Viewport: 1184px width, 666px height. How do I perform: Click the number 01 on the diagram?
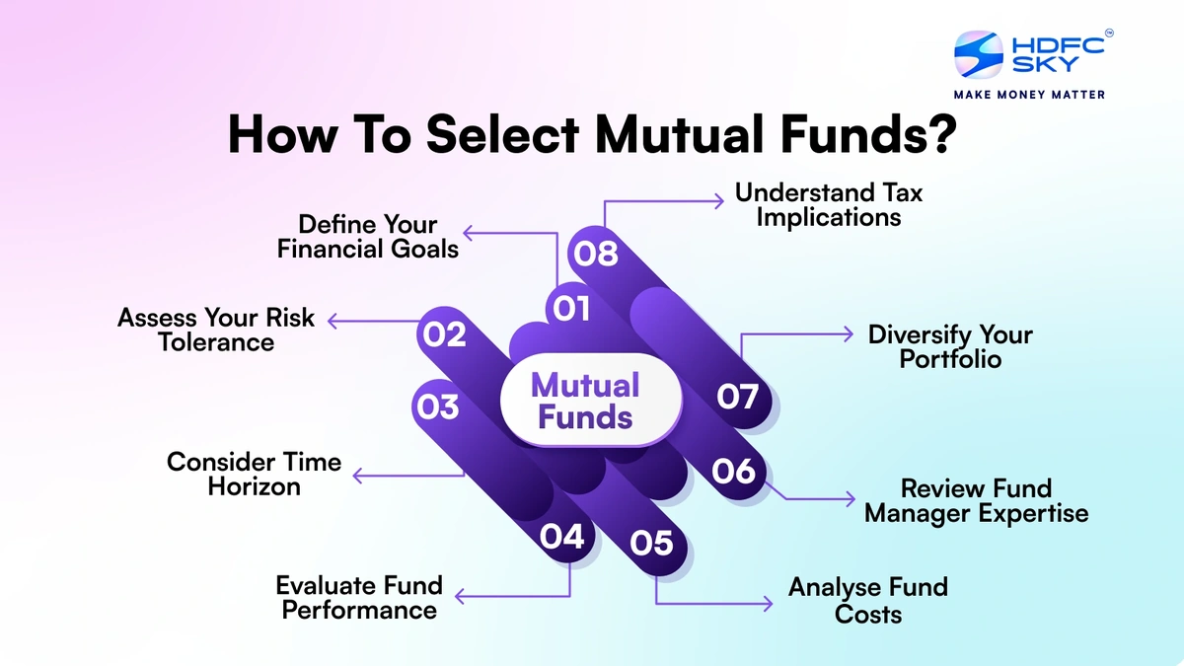coord(571,309)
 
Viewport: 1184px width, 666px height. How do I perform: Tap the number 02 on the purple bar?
coord(444,334)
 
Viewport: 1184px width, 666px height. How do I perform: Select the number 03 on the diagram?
coord(437,406)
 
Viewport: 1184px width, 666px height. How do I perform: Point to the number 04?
coord(562,537)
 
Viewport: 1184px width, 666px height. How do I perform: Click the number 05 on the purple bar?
coord(651,543)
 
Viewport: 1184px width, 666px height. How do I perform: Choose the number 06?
coord(734,471)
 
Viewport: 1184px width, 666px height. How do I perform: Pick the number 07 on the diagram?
coord(737,397)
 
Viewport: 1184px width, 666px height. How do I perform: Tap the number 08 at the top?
coord(595,254)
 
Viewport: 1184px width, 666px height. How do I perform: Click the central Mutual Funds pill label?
coord(586,401)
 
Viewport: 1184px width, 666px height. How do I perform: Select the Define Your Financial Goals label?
coord(368,237)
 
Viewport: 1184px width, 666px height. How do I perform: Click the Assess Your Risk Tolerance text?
coord(216,330)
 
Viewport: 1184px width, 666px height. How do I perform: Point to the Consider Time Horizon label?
coord(254,474)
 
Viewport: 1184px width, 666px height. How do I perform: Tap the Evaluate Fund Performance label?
coord(359,598)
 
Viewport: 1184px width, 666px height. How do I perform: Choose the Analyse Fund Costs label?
coord(868,600)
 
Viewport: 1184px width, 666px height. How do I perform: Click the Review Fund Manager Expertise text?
coord(977,500)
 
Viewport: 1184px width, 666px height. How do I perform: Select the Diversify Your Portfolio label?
coord(950,346)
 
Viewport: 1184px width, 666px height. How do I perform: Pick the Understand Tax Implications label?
coord(829,204)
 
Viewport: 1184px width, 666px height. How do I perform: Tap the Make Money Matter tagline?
coord(1029,95)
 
